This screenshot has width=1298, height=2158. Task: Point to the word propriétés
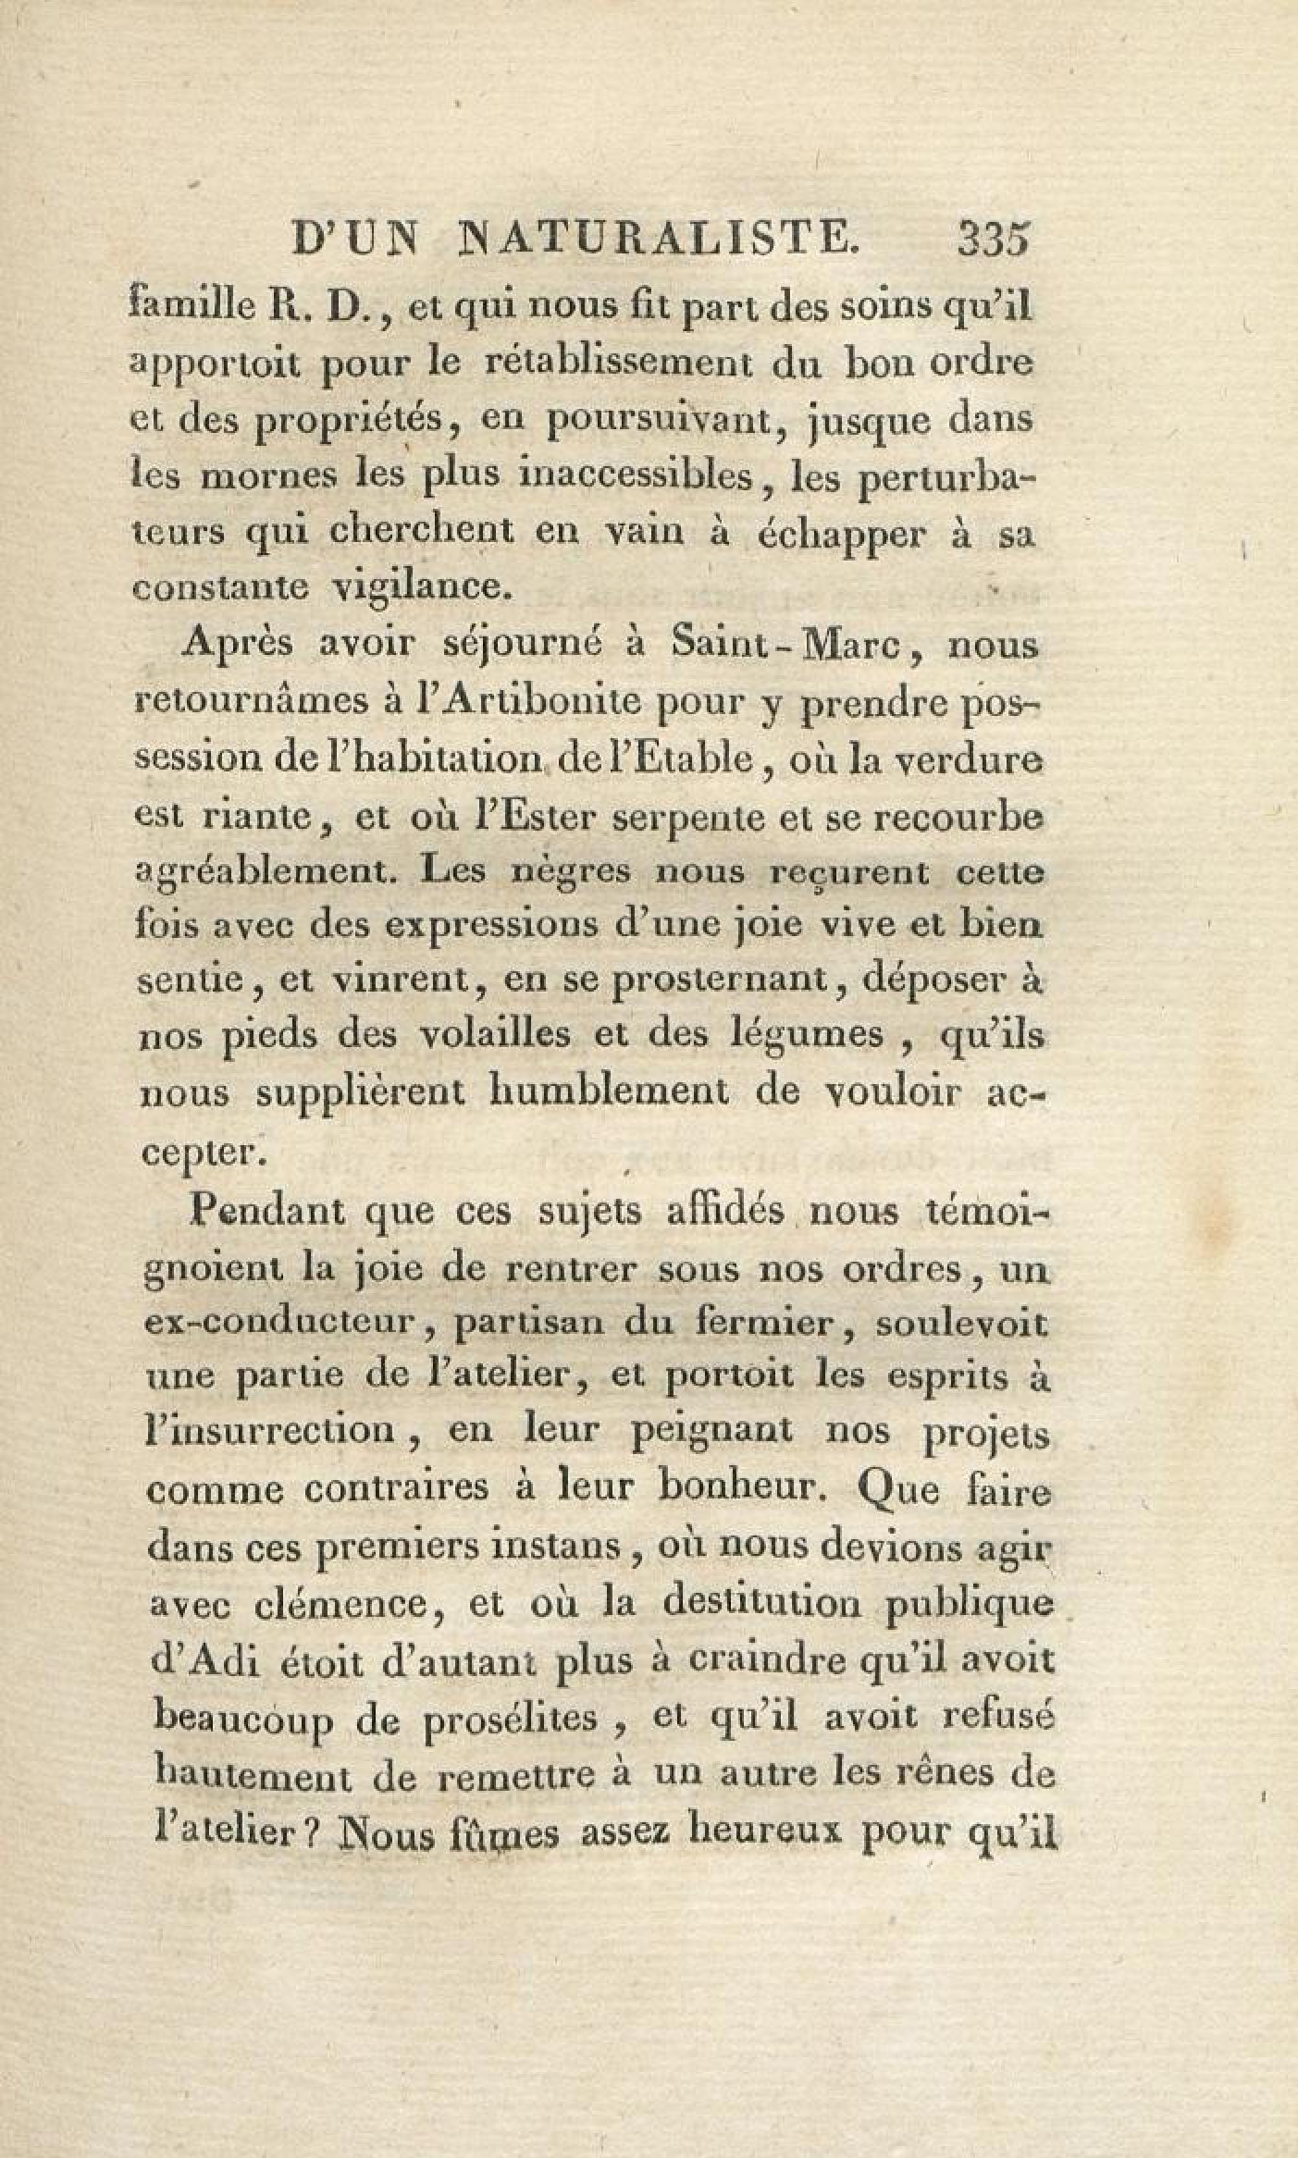pos(338,422)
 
